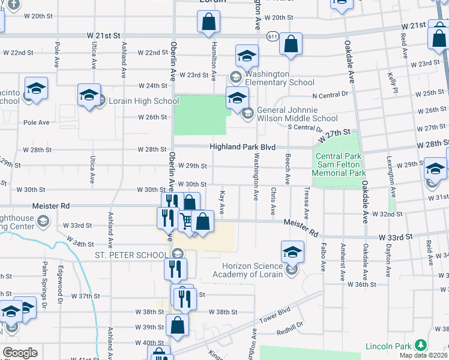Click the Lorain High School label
[143, 101]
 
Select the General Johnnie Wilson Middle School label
[297, 115]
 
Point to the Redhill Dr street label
[290, 332]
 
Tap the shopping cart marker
[187, 223]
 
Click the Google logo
[20, 353]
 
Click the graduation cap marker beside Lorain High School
[89, 95]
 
